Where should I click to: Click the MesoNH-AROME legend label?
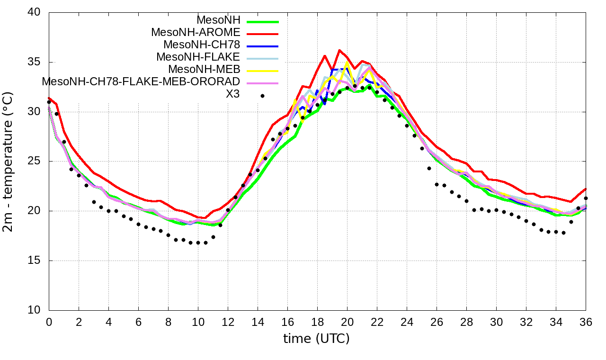point(196,32)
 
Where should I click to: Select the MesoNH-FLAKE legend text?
point(198,57)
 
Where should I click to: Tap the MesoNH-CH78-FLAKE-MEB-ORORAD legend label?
point(141,81)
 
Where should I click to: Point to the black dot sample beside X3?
point(262,96)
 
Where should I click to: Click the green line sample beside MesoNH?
point(263,21)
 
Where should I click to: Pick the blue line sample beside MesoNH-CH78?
point(263,46)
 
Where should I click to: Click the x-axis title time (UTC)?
point(316,339)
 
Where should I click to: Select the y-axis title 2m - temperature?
point(9,161)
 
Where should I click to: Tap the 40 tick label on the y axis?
point(35,13)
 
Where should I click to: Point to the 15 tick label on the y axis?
point(35,261)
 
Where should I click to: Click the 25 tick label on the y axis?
point(35,162)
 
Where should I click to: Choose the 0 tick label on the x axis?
point(49,322)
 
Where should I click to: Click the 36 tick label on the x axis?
point(586,322)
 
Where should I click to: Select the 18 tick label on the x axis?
point(317,322)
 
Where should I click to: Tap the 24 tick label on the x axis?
point(407,322)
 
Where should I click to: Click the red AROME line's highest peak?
point(339,50)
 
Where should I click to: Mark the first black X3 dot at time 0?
point(49,102)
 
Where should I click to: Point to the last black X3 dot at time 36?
point(586,198)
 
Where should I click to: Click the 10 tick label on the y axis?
point(35,310)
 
